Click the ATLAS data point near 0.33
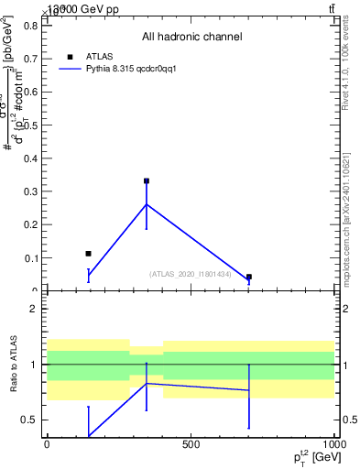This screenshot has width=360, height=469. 147,181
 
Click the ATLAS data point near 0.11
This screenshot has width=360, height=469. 88,254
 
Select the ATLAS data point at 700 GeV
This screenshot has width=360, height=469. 248,277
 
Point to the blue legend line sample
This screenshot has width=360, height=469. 71,69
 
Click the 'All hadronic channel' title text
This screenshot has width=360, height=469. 191,38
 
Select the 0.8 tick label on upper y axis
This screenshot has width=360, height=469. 28,26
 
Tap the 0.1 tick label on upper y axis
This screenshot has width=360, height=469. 28,258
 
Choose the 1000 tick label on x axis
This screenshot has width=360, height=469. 333,444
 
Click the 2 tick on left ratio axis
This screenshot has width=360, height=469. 32,310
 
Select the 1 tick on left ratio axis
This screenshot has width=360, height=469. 32,365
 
